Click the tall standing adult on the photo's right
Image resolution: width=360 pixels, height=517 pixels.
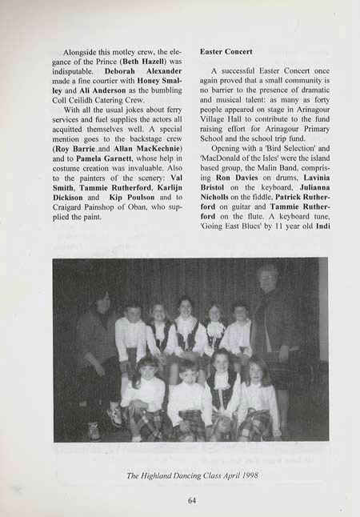click(x=270, y=328)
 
